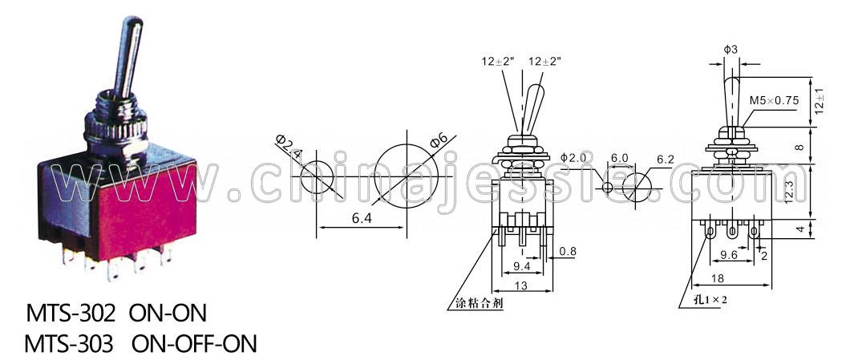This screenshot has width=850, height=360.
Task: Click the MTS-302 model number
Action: (71, 313)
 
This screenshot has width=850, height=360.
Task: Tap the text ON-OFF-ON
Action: (194, 343)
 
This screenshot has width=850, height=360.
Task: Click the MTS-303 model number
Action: (70, 343)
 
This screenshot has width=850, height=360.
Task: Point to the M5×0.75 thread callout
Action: (775, 100)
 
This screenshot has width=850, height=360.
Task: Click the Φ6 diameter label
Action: (438, 142)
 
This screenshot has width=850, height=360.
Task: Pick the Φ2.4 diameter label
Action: (289, 146)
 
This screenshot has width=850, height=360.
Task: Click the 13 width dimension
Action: (521, 285)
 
